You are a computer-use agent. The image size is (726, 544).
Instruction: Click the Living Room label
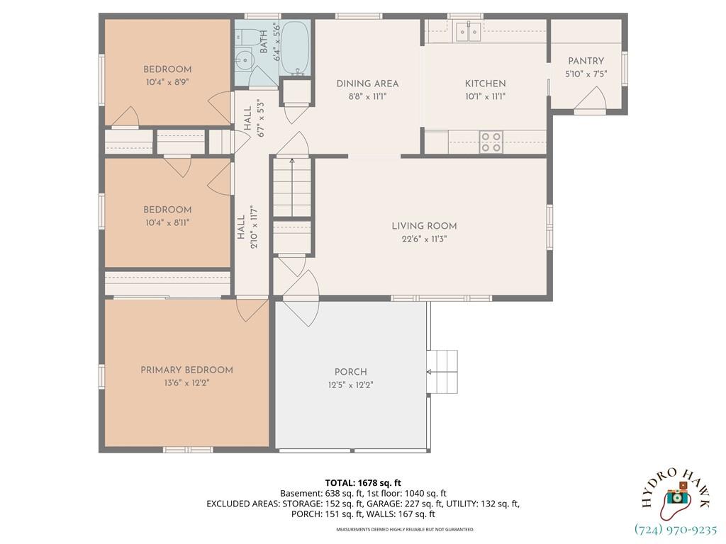424,226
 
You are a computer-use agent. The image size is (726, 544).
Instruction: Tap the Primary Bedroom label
186,370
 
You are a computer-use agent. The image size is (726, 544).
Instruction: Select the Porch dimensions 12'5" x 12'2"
350,385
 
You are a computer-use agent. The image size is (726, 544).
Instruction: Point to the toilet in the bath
242,37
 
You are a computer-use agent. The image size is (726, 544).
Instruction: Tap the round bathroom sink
243,59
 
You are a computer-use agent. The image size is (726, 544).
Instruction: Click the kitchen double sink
469,31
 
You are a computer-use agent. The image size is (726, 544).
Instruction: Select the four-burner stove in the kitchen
491,142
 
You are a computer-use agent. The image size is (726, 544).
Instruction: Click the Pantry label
586,61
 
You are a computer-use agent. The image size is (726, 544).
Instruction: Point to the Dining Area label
367,84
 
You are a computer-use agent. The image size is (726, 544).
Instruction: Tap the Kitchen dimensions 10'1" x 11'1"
485,96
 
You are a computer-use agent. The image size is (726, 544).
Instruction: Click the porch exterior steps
442,372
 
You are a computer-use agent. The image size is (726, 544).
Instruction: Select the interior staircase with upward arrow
291,187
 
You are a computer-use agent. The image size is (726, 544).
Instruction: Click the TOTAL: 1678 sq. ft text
363,483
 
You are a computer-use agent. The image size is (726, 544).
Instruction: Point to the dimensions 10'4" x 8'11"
167,222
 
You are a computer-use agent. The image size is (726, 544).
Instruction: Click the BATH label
264,41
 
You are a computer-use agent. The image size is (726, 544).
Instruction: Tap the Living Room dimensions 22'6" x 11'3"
424,239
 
